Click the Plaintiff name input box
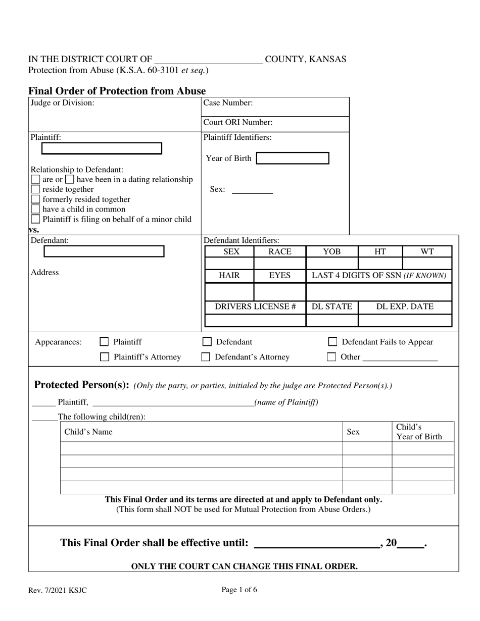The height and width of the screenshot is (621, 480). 102,148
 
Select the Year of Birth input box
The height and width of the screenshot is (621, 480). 293,159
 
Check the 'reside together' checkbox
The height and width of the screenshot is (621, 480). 35,189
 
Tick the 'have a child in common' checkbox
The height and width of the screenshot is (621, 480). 35,209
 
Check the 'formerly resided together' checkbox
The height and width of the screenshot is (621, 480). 35,199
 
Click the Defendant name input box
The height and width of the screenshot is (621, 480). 104,251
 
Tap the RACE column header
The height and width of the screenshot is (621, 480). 280,251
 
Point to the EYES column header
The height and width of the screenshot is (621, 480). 280,276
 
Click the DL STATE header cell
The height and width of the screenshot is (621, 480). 332,307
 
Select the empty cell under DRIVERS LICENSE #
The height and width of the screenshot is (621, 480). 255,320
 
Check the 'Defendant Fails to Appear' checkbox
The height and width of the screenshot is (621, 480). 333,342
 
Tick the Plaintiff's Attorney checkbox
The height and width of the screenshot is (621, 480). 105,357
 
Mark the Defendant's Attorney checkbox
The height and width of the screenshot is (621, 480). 206,357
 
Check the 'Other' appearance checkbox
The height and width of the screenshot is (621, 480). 331,357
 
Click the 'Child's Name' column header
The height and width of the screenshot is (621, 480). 88,432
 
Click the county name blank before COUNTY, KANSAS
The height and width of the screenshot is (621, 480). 208,60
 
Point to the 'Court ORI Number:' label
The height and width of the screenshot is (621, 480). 238,122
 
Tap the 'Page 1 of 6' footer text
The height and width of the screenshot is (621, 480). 239,589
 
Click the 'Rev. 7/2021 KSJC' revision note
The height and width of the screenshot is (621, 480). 58,590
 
